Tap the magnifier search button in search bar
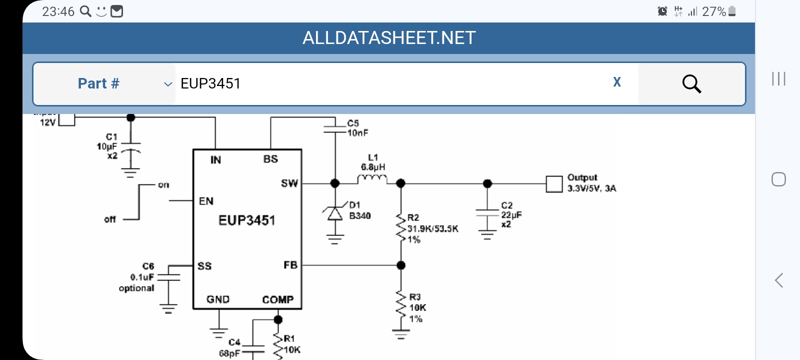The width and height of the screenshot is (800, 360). [691, 84]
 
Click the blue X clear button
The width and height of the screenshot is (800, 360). [617, 82]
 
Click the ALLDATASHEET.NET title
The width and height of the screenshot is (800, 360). [389, 38]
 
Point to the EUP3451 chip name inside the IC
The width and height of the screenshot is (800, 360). [247, 220]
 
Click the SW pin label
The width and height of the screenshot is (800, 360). [289, 183]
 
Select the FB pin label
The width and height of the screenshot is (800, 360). [290, 265]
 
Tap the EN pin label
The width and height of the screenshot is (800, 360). [206, 201]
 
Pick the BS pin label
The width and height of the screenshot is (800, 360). [270, 159]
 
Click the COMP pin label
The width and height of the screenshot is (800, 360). [277, 299]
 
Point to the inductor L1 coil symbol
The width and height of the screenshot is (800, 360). [372, 179]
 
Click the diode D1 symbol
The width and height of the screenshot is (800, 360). [335, 213]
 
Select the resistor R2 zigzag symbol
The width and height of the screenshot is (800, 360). [400, 228]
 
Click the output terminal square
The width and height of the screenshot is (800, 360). [554, 184]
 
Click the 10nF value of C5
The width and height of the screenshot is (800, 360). [358, 133]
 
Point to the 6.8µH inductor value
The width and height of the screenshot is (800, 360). [373, 167]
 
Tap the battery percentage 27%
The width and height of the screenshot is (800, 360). [713, 11]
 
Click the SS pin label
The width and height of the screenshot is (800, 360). [204, 266]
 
